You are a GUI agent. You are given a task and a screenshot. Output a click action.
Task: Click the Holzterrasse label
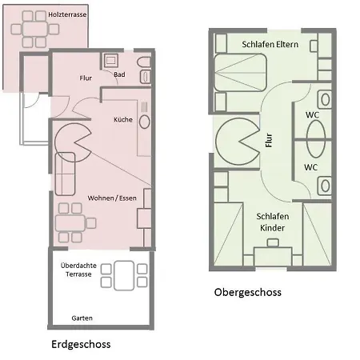[x=67, y=14]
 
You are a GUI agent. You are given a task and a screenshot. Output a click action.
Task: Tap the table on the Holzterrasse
[x=35, y=29]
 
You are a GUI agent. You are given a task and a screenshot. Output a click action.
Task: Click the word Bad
[x=119, y=74]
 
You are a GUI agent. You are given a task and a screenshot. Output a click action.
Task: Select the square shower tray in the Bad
[x=110, y=61]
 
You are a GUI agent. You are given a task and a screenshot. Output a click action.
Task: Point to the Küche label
[x=123, y=119]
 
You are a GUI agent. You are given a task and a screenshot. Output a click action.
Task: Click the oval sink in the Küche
[x=145, y=122]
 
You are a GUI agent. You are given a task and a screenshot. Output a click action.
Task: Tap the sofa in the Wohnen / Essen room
[x=65, y=174]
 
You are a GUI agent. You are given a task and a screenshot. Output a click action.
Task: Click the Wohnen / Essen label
[x=112, y=198]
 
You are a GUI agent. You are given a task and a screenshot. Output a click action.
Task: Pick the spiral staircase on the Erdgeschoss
[x=73, y=142]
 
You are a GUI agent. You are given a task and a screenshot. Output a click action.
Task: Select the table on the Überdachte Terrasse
[x=124, y=276]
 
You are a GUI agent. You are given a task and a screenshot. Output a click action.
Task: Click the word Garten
[x=82, y=318]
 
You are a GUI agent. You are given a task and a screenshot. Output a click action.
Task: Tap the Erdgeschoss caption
[x=81, y=344]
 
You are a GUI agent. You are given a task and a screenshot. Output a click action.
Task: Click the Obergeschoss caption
[x=248, y=292]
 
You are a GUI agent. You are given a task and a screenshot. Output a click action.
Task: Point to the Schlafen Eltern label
[x=270, y=44]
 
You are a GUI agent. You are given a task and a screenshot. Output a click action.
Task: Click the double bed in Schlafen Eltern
[x=241, y=73]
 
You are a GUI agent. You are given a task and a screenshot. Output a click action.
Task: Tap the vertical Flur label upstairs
[x=269, y=140]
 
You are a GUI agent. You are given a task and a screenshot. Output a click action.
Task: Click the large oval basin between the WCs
[x=316, y=138]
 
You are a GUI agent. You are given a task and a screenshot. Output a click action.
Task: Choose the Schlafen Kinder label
[x=273, y=222]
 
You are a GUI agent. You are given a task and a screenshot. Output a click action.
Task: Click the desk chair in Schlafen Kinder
[x=273, y=242]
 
